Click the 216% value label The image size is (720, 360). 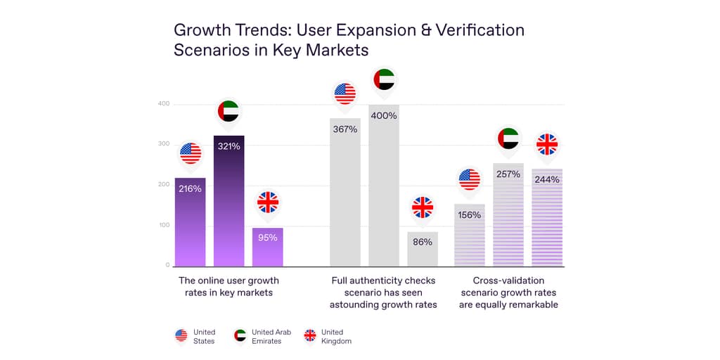190,189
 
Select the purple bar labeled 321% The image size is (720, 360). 229,204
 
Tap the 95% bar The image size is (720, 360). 267,250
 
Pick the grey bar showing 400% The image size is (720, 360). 384,190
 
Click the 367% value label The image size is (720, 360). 345,129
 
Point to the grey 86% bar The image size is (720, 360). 423,251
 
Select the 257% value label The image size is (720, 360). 508,174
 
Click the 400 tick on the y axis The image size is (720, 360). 163,104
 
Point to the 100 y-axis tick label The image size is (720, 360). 163,225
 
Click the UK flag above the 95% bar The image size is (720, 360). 268,202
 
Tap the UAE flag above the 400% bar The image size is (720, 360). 384,79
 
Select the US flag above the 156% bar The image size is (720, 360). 469,179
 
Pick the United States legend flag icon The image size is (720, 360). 181,336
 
